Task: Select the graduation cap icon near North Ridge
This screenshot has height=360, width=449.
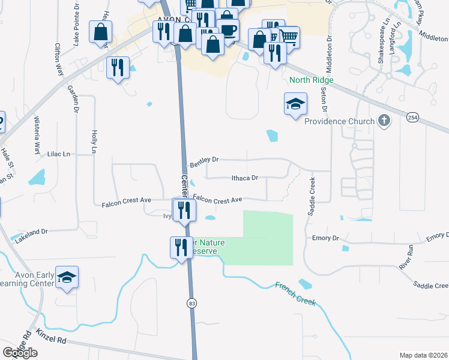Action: [x=295, y=104]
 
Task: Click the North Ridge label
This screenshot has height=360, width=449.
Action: [x=310, y=80]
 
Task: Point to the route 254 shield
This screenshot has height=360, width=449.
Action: [x=412, y=118]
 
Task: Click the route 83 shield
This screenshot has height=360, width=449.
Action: [x=191, y=304]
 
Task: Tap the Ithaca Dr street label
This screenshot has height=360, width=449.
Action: [x=244, y=178]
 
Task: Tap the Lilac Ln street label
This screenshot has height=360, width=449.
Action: [x=59, y=154]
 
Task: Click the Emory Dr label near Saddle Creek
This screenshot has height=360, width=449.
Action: [x=326, y=238]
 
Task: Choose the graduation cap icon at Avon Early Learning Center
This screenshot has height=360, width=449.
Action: [x=67, y=277]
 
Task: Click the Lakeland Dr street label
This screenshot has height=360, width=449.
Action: [x=32, y=232]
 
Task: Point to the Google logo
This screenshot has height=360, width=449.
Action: [x=20, y=353]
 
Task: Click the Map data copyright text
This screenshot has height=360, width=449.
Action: [x=423, y=355]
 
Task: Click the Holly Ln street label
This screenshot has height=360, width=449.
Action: [x=94, y=142]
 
